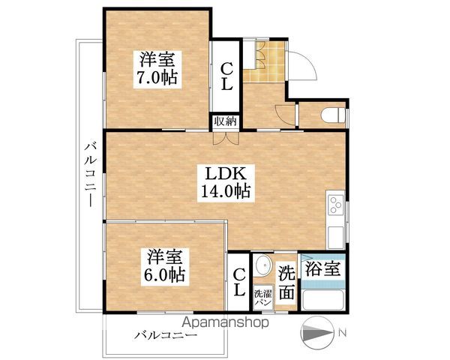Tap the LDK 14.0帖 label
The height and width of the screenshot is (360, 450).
pyautogui.click(x=224, y=181)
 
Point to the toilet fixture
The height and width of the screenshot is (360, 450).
pyautogui.click(x=332, y=115)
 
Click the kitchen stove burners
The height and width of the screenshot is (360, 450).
pyautogui.click(x=334, y=204)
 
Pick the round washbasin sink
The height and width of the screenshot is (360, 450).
pyautogui.click(x=262, y=267)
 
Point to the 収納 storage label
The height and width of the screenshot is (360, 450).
pyautogui.click(x=224, y=121)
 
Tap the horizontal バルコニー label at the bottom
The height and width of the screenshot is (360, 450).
pyautogui.click(x=166, y=335)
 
